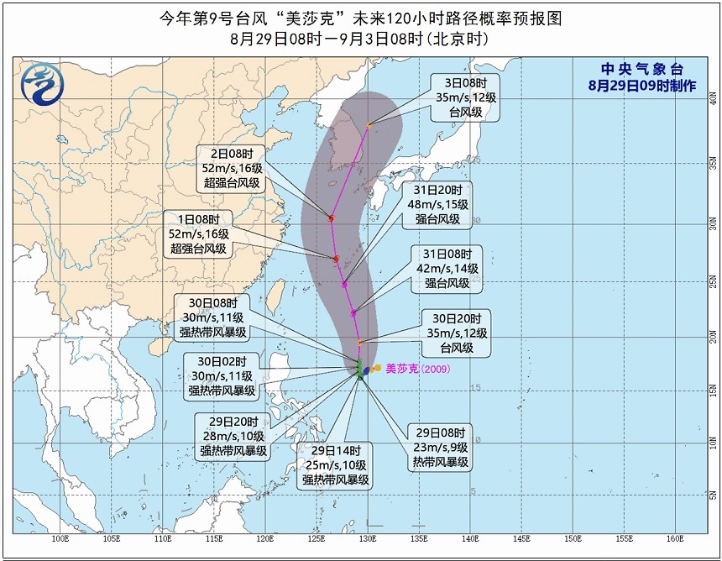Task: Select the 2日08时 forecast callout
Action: [x=230, y=168]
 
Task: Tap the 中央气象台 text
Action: [x=630, y=70]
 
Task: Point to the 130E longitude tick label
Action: [x=368, y=539]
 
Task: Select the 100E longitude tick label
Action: [x=60, y=539]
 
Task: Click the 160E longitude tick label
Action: [x=675, y=539]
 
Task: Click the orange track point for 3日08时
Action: [x=369, y=125]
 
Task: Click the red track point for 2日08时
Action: [x=331, y=218]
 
